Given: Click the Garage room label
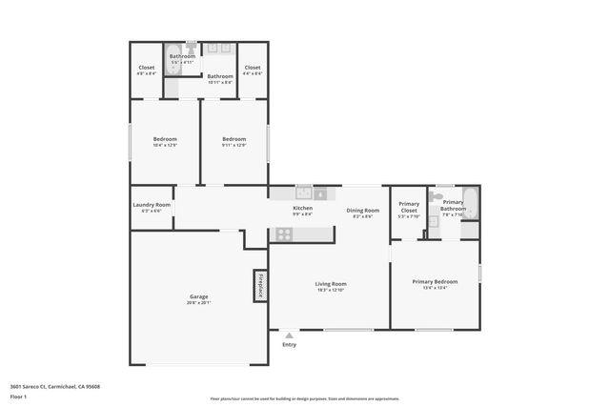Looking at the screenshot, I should pyautogui.click(x=198, y=296).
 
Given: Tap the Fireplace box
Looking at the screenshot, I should pyautogui.click(x=259, y=286).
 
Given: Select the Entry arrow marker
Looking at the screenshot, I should pyautogui.click(x=289, y=335).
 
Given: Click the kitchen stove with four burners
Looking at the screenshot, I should pyautogui.click(x=284, y=234).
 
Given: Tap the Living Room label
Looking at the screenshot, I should pyautogui.click(x=331, y=283).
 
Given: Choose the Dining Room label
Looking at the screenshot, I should pyautogui.click(x=362, y=210).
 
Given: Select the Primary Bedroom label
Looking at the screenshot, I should pyautogui.click(x=435, y=281).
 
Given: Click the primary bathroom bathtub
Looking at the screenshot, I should pyautogui.click(x=470, y=203).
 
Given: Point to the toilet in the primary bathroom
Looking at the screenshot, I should pyautogui.click(x=436, y=196).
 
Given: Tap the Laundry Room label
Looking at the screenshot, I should pyautogui.click(x=152, y=205).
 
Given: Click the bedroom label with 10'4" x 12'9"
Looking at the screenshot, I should pyautogui.click(x=165, y=139).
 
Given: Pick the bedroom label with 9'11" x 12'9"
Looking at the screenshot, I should pyautogui.click(x=234, y=139).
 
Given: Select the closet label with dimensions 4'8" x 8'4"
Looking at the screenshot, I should pyautogui.click(x=147, y=68).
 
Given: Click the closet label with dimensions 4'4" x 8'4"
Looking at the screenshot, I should pyautogui.click(x=252, y=68).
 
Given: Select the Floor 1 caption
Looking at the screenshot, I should pyautogui.click(x=18, y=396).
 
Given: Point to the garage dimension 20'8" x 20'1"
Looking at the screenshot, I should pyautogui.click(x=198, y=303).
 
